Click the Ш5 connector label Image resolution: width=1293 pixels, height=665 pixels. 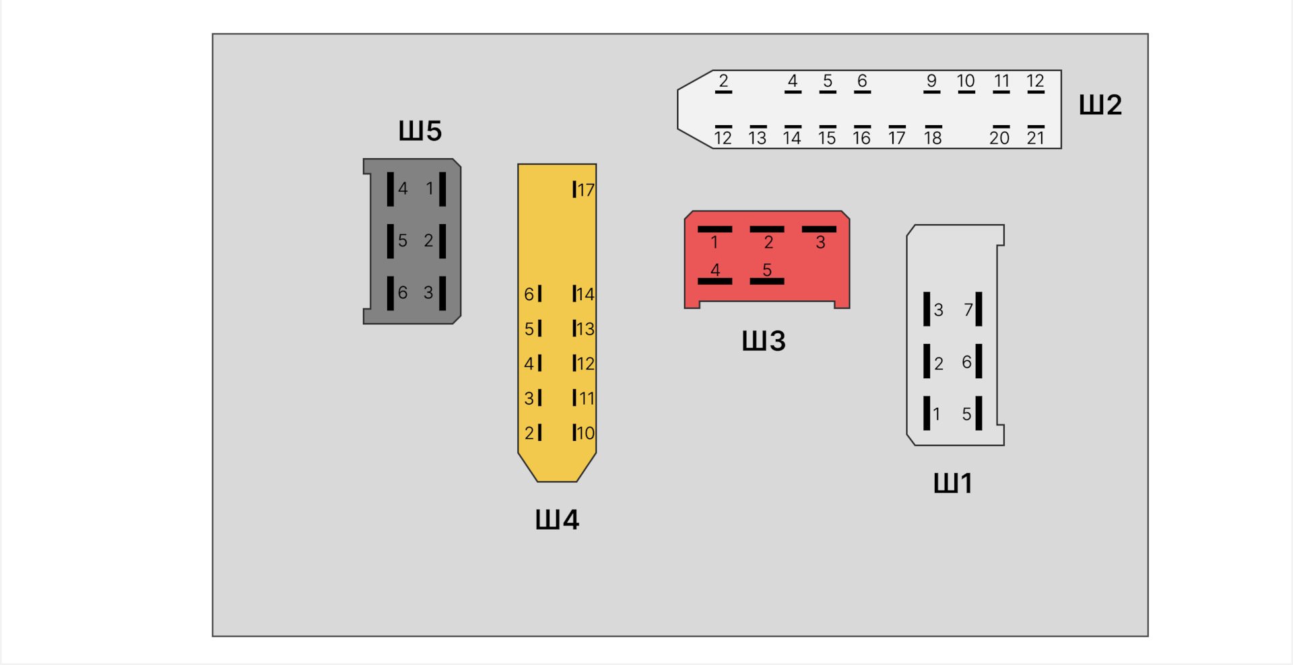tap(420, 131)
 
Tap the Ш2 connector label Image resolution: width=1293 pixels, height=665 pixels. tap(1100, 105)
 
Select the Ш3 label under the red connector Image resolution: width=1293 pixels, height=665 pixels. tap(764, 341)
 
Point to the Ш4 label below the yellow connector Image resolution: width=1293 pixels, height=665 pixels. tap(557, 520)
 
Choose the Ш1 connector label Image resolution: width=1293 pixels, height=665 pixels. tap(953, 483)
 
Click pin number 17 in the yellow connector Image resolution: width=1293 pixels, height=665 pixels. tap(586, 190)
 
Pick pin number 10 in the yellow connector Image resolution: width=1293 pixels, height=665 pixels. tap(586, 433)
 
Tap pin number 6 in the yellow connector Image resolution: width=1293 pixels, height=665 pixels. tap(529, 294)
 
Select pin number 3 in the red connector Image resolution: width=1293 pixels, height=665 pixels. tap(820, 243)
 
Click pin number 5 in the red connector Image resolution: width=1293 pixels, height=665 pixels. tap(767, 269)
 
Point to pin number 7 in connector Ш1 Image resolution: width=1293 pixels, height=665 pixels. tap(968, 310)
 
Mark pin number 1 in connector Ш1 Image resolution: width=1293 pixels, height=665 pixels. tap(936, 414)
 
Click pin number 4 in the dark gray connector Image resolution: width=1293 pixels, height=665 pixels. tap(403, 188)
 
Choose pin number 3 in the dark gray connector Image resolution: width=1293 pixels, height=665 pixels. tap(428, 293)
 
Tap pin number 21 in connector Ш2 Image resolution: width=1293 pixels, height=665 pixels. tap(1035, 138)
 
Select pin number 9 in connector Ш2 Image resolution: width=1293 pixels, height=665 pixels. tap(931, 81)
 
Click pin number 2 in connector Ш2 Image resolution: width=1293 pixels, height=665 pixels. tap(723, 81)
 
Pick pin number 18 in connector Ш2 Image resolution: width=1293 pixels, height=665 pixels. tap(933, 138)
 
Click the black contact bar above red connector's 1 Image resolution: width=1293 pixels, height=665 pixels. tap(715, 230)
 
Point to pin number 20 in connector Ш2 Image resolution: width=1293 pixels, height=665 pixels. tap(999, 138)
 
